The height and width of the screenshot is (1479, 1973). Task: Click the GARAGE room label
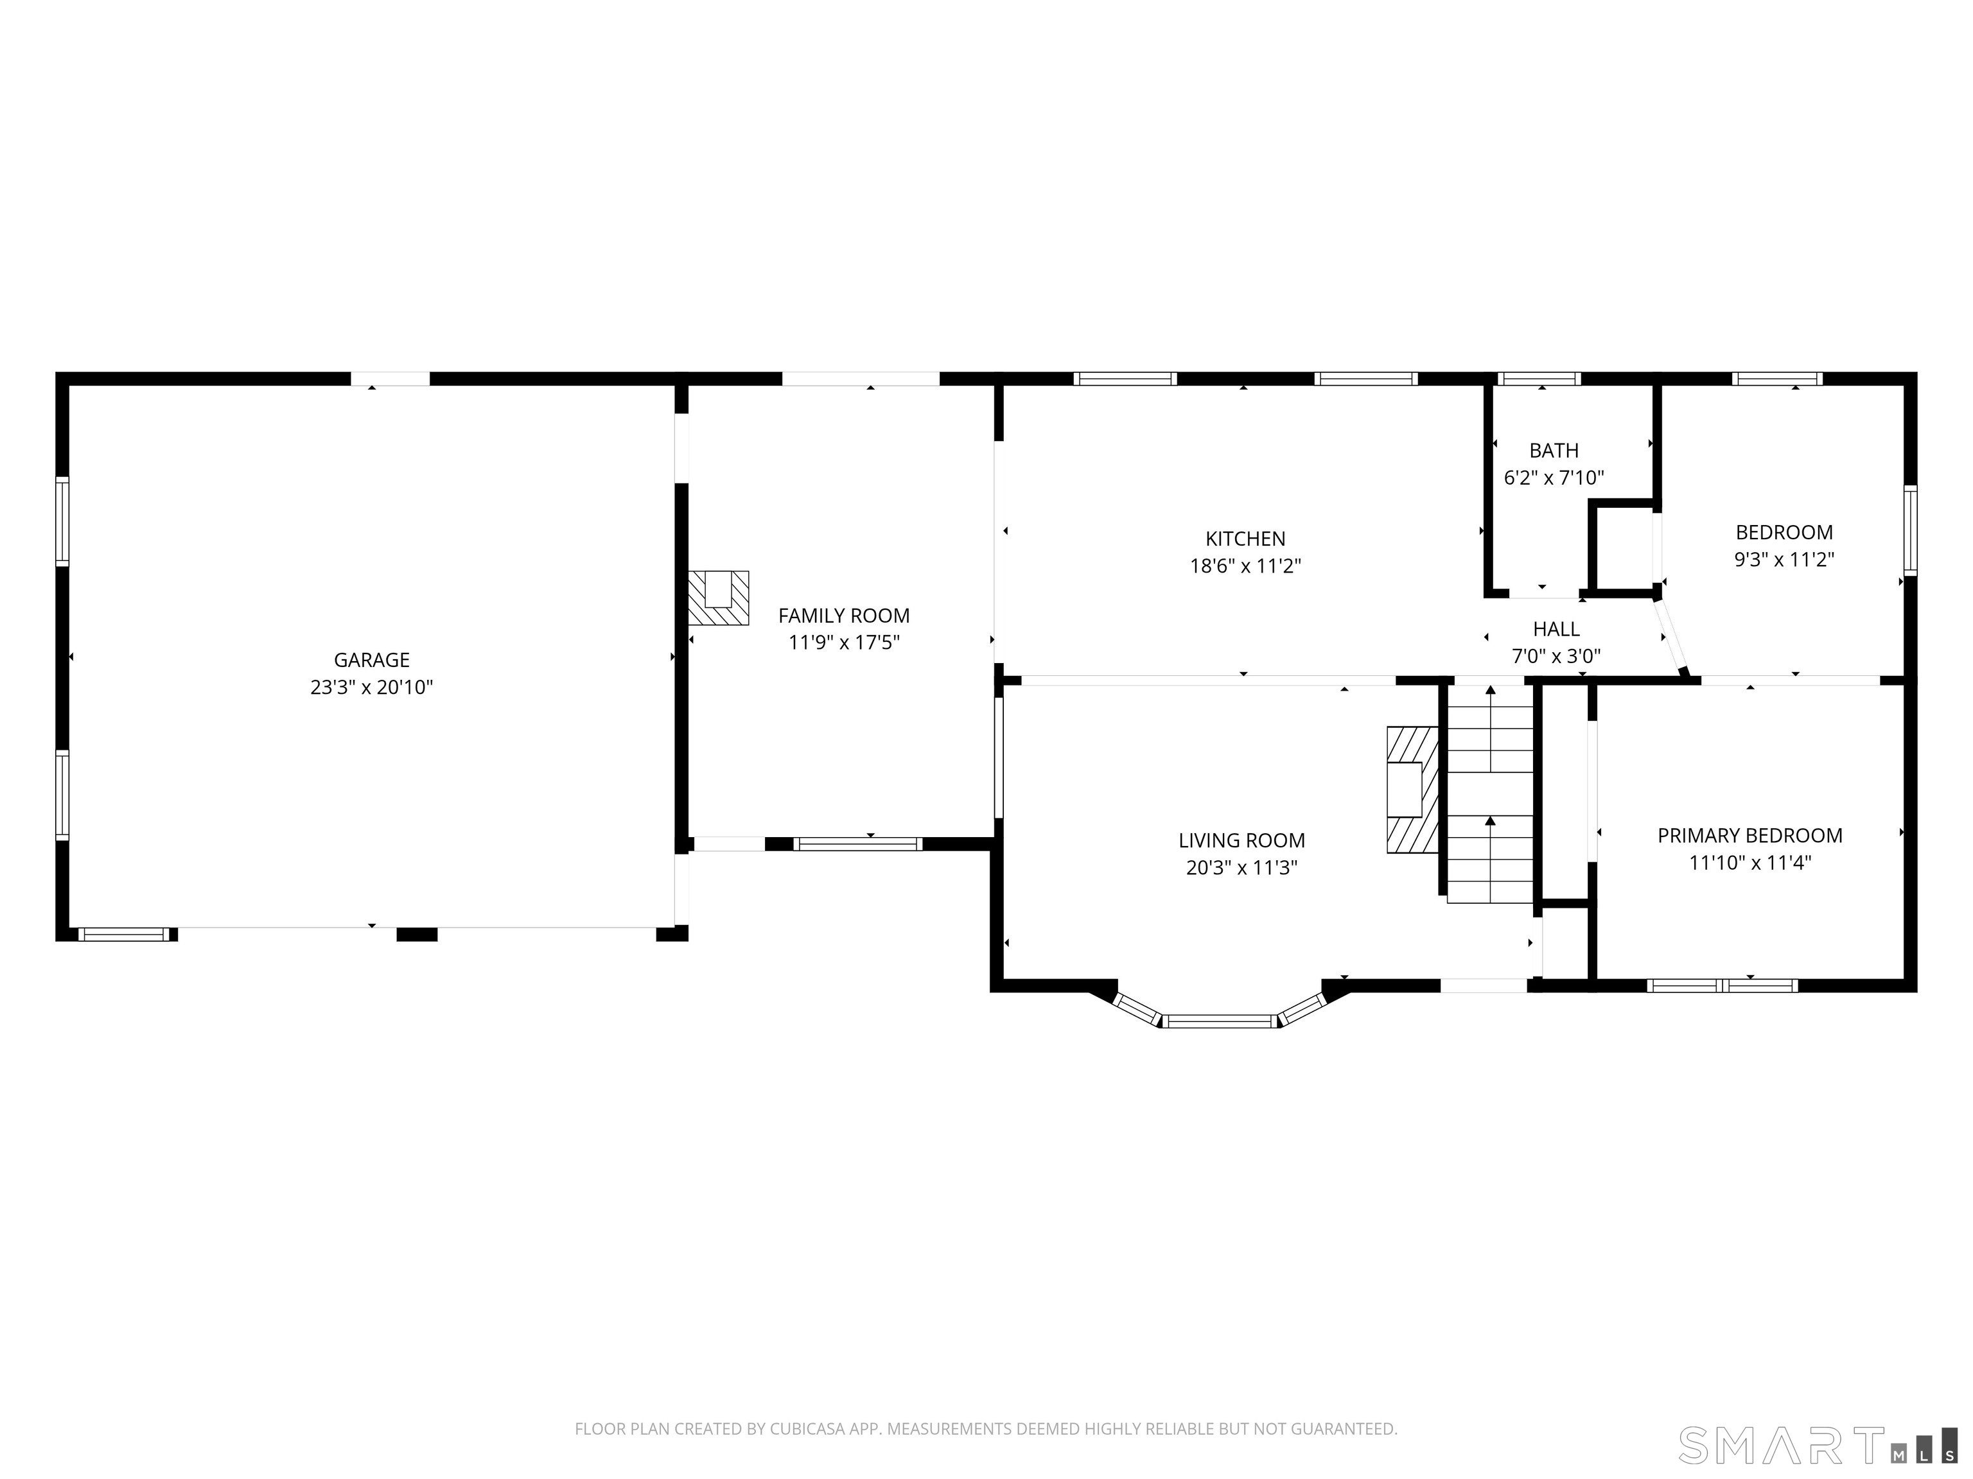371,660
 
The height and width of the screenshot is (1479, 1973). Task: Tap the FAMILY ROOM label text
844,615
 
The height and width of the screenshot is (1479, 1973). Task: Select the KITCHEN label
1245,539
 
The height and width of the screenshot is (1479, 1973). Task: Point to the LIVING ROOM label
1241,840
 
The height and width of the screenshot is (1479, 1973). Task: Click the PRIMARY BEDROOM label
1750,835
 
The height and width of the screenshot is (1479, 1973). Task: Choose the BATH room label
1554,450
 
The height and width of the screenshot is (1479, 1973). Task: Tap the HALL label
1556,628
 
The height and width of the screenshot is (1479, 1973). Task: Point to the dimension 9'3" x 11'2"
1784,560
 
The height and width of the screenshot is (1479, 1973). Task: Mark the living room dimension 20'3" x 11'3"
1241,867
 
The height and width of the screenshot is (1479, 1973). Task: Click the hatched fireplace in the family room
718,597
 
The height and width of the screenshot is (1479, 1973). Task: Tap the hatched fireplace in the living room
1412,790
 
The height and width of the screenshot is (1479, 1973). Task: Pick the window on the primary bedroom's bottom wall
1721,985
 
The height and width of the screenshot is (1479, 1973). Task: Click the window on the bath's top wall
1539,379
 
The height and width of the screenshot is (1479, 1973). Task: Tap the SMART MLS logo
1817,1445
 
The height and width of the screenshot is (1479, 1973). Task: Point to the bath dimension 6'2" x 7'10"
1554,478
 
